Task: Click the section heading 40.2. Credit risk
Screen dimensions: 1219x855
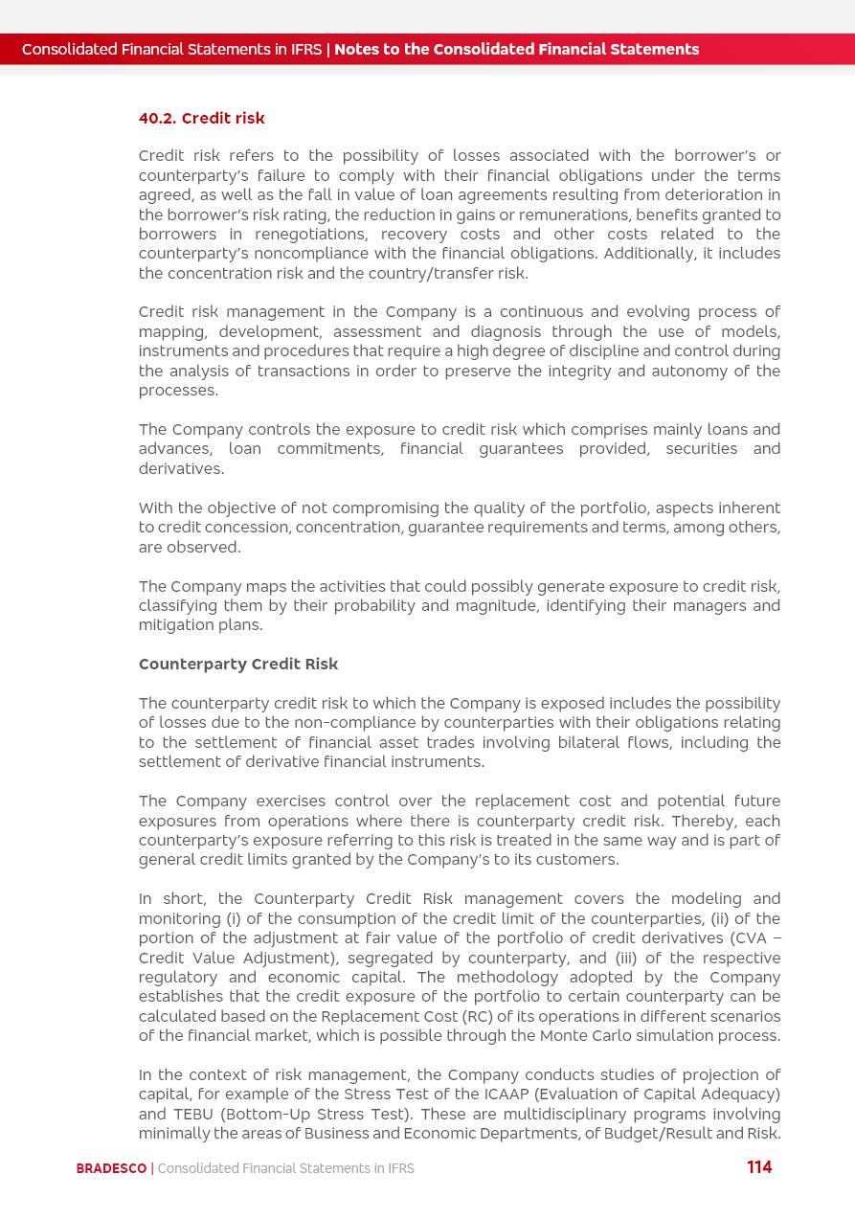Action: tap(201, 119)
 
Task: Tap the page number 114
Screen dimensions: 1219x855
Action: tap(759, 1167)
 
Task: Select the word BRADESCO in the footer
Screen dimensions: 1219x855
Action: tap(111, 1168)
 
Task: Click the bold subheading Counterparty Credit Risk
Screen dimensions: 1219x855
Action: tap(238, 665)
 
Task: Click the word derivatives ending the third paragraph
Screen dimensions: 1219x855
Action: tap(181, 469)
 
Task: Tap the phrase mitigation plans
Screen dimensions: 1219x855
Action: tap(200, 625)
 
